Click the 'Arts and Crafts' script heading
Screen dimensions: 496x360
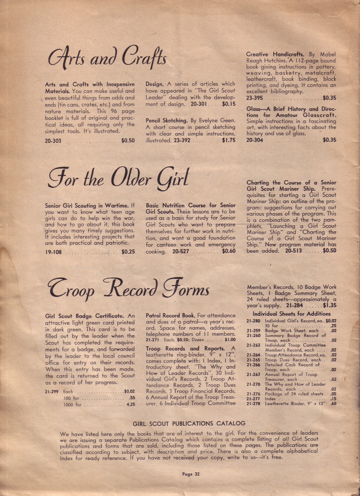(x=107, y=59)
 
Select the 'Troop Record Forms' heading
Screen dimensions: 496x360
(x=128, y=288)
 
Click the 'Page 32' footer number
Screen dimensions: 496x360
(x=191, y=474)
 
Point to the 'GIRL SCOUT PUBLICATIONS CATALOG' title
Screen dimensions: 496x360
(x=189, y=423)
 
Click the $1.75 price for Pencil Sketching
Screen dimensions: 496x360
(x=229, y=141)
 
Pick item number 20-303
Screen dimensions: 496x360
(x=53, y=141)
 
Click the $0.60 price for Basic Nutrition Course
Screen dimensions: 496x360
(x=229, y=251)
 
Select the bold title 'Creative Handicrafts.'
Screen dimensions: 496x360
(x=275, y=54)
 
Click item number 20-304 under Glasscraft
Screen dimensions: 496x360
(x=255, y=140)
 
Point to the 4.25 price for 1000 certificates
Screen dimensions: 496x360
(x=131, y=404)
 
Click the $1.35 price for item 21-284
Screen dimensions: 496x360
(x=329, y=305)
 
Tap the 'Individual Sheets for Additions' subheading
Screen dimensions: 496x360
(x=291, y=314)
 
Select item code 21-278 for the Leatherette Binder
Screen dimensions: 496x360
(x=253, y=403)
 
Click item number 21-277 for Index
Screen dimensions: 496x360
(x=253, y=399)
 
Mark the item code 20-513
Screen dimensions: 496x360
(x=293, y=251)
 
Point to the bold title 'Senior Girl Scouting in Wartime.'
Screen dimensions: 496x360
(x=87, y=206)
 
